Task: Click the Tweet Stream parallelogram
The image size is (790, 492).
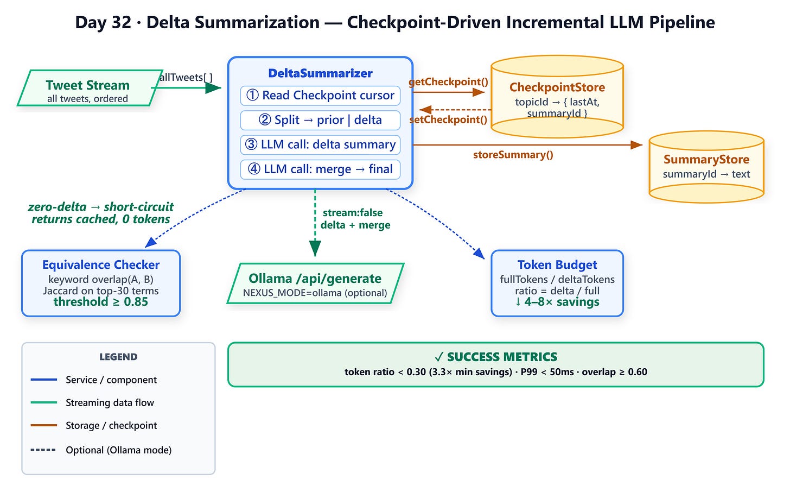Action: (90, 88)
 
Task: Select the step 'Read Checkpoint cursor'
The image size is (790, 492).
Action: (320, 95)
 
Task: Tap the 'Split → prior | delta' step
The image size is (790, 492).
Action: (320, 120)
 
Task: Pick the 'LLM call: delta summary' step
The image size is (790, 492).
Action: (320, 144)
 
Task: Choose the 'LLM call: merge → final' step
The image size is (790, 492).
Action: (320, 169)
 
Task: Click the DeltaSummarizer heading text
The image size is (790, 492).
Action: (320, 73)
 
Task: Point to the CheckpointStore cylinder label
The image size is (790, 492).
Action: (557, 87)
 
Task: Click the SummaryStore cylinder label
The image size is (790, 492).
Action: (706, 159)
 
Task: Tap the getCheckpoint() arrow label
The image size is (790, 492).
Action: (448, 82)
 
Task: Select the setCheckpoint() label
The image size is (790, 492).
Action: (448, 119)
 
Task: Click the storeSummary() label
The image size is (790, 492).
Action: (513, 155)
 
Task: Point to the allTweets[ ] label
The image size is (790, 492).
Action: (186, 77)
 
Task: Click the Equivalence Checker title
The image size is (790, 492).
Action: (101, 264)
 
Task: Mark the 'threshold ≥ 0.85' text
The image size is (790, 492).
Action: (101, 302)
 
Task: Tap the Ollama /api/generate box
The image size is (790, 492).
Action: (315, 283)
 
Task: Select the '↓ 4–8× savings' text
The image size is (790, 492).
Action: (557, 302)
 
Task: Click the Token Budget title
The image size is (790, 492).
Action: (557, 264)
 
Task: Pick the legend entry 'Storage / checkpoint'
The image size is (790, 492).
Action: (111, 426)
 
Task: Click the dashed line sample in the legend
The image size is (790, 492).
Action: (43, 450)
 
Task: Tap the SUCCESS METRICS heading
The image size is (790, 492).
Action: (496, 357)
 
